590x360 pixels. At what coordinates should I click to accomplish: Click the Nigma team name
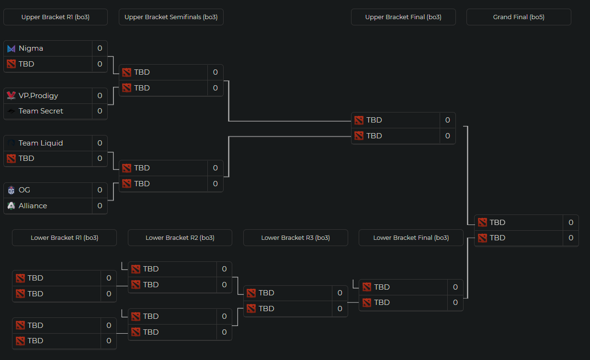tap(31, 48)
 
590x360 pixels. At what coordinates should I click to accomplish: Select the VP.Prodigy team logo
tap(11, 96)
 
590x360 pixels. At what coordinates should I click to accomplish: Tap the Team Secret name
tap(41, 111)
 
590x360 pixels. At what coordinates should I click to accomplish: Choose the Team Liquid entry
tap(41, 143)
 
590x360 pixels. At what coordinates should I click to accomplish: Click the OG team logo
tap(11, 190)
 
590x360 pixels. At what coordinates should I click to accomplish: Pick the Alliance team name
tap(33, 206)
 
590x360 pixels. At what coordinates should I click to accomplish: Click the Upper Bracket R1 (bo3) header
tap(56, 17)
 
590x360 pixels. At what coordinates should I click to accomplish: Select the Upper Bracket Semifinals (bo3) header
tap(171, 17)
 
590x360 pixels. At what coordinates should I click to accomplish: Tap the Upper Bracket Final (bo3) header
tap(403, 17)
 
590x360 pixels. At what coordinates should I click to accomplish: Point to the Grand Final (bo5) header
tap(519, 17)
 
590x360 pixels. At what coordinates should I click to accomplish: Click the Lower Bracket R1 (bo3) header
tap(64, 238)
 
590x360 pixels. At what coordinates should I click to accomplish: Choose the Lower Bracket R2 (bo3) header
tap(180, 238)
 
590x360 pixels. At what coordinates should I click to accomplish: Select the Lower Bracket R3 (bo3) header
tap(295, 238)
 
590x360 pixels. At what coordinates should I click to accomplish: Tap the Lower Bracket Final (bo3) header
tap(411, 238)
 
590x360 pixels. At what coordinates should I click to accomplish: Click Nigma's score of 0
tap(100, 48)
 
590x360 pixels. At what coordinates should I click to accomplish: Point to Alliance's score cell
tap(100, 206)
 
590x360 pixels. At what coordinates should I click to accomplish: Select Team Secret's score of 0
tap(100, 111)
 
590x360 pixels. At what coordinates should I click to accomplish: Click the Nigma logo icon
tap(11, 48)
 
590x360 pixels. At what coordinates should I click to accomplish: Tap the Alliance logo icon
tap(11, 206)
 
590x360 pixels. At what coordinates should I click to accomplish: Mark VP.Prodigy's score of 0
tap(100, 96)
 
